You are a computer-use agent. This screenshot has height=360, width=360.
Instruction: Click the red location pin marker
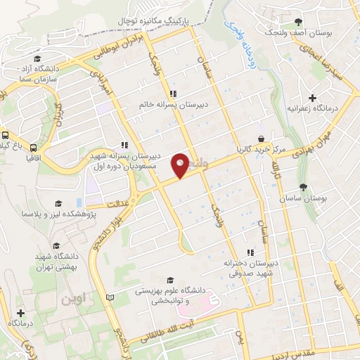[181, 165]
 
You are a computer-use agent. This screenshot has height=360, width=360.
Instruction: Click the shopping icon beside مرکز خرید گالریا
[262, 139]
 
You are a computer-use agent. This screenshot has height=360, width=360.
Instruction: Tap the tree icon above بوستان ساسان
[303, 187]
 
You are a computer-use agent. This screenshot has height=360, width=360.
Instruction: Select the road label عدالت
[120, 204]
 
